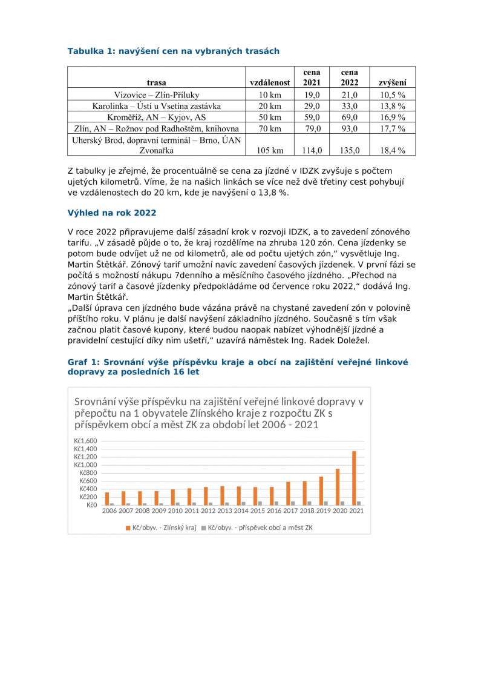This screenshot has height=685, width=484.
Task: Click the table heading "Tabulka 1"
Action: [173, 51]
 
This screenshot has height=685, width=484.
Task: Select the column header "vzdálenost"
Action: [269, 82]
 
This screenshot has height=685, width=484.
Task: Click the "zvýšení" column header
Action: [392, 82]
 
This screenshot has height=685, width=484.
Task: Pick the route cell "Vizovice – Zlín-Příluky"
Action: [156, 94]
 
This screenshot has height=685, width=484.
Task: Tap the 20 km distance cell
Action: [269, 106]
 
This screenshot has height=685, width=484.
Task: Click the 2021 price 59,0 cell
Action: [312, 117]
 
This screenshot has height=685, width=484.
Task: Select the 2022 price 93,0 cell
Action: [350, 128]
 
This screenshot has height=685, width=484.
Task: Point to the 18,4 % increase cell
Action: [392, 150]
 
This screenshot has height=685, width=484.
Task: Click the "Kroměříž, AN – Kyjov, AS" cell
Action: [156, 117]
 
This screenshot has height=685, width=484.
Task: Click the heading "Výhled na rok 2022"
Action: [112, 213]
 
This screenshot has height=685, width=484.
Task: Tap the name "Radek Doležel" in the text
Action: [339, 341]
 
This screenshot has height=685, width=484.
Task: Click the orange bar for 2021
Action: [355, 478]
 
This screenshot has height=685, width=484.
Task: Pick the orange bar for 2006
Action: [107, 498]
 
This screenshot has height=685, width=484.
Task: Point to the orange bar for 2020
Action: [338, 487]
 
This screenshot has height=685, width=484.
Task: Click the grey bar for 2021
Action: [359, 503]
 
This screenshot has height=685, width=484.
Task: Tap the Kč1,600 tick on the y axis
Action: [85, 440]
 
